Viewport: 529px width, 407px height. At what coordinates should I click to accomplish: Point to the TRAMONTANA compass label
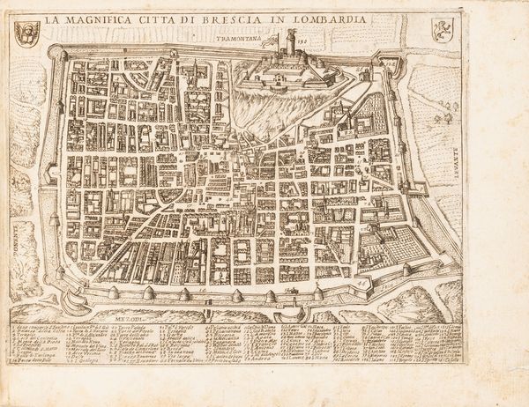(x=225, y=40)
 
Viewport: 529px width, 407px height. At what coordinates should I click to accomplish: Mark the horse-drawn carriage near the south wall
(x=291, y=286)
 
